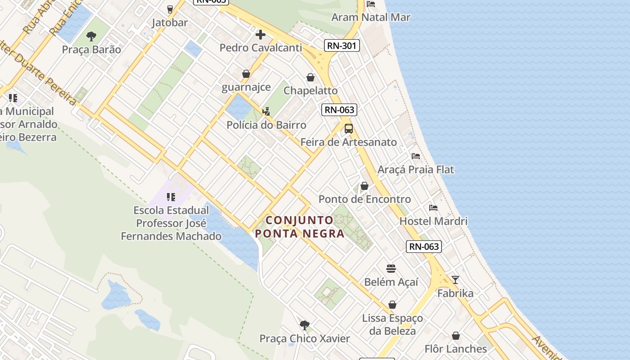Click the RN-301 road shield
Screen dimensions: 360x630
(342, 45)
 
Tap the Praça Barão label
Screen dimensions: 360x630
(91, 49)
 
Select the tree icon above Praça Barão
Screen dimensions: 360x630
(91, 36)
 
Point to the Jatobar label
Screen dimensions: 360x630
(170, 22)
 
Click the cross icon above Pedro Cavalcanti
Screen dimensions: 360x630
(260, 34)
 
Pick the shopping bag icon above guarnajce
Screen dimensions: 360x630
(246, 74)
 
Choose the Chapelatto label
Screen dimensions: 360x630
(310, 90)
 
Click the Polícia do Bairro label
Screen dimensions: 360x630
(266, 125)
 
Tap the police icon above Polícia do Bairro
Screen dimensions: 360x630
(266, 111)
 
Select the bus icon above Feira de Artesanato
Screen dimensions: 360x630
(349, 129)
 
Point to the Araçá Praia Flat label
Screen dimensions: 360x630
(416, 170)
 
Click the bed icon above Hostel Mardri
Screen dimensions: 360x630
(433, 207)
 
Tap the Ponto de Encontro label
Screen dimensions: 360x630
(364, 199)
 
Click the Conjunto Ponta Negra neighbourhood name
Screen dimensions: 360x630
(300, 227)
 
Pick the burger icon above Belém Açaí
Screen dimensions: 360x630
(391, 269)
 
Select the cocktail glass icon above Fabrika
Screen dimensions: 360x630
(455, 280)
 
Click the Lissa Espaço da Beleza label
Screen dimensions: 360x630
(392, 324)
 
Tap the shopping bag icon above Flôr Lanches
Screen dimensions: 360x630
(456, 336)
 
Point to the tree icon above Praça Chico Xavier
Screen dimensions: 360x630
(305, 325)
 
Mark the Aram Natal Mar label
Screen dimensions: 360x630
(371, 17)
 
